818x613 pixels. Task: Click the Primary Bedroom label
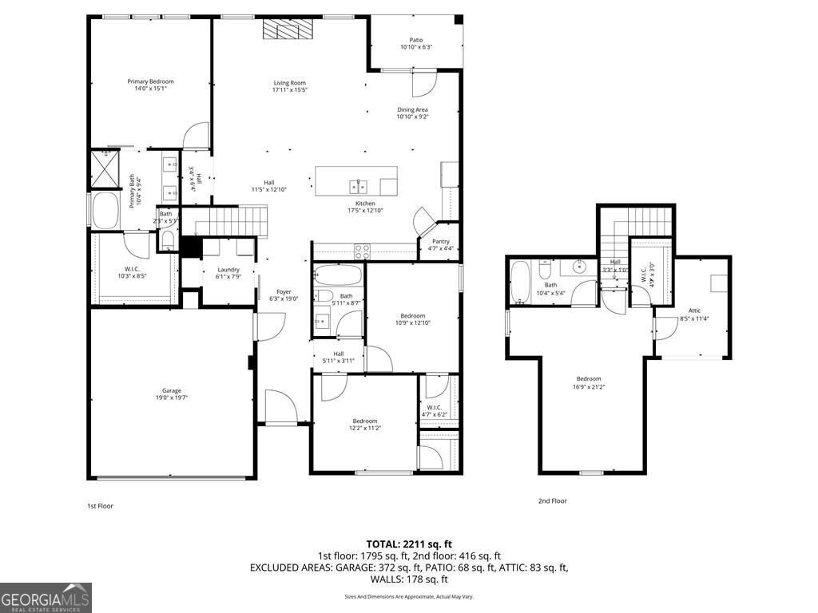(150, 81)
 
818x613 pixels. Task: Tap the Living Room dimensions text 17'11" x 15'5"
(289, 90)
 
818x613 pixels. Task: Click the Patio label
(416, 40)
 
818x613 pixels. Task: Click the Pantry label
(440, 241)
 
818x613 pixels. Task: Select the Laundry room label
(228, 270)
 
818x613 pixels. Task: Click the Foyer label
(284, 291)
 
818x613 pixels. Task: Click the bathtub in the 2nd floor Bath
(520, 283)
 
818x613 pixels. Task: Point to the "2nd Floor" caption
(552, 501)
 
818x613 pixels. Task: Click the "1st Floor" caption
(101, 506)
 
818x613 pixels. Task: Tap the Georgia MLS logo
(46, 598)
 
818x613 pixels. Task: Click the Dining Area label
(412, 109)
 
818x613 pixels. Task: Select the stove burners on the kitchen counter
(362, 249)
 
